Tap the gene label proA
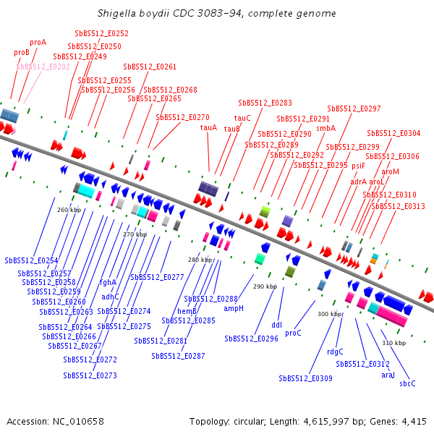38,43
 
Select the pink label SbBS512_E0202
43,66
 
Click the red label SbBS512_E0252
101,33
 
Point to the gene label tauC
242,118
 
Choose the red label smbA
326,128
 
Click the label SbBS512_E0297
354,109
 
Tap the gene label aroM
390,171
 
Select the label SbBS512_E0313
398,206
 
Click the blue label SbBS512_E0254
31,260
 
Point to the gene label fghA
108,282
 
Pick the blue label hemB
187,311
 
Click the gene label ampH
234,308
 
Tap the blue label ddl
276,325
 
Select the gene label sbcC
407,383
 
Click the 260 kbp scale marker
69,210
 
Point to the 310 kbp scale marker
393,343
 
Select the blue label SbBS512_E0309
305,378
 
